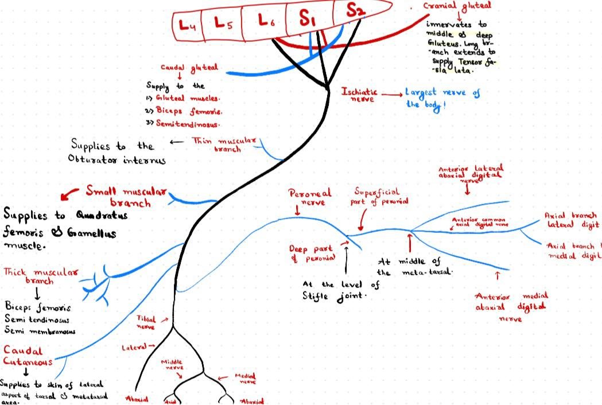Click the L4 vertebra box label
coord(188,24)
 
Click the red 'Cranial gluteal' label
coord(457,6)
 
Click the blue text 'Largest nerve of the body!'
coord(442,98)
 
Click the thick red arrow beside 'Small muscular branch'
coord(70,194)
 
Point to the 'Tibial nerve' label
coord(146,322)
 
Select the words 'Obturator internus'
coord(116,160)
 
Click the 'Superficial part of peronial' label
coord(380,196)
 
